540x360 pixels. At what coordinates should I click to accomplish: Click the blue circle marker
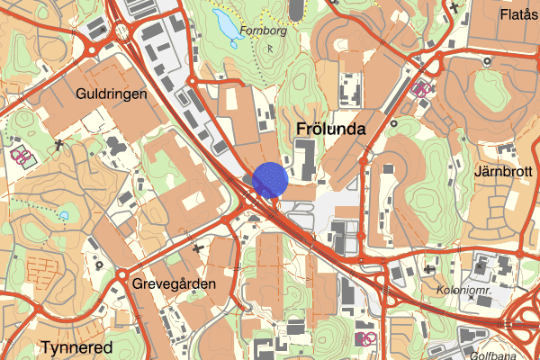tap(270, 179)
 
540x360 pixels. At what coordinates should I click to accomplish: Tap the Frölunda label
tap(330, 130)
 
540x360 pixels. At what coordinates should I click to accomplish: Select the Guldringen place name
tap(112, 94)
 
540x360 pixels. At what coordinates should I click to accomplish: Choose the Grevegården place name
tap(174, 284)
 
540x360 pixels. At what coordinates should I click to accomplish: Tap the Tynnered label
tap(76, 347)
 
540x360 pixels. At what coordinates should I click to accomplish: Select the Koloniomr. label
tap(465, 291)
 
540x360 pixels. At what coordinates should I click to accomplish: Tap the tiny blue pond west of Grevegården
tap(66, 215)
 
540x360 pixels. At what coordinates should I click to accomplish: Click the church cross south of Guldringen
tap(58, 144)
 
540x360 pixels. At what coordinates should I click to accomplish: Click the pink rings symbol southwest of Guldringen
tap(21, 155)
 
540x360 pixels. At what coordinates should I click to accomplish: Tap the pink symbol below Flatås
tap(421, 88)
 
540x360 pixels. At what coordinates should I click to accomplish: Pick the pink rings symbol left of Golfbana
tap(365, 338)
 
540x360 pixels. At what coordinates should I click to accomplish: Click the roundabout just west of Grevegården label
tap(122, 274)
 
